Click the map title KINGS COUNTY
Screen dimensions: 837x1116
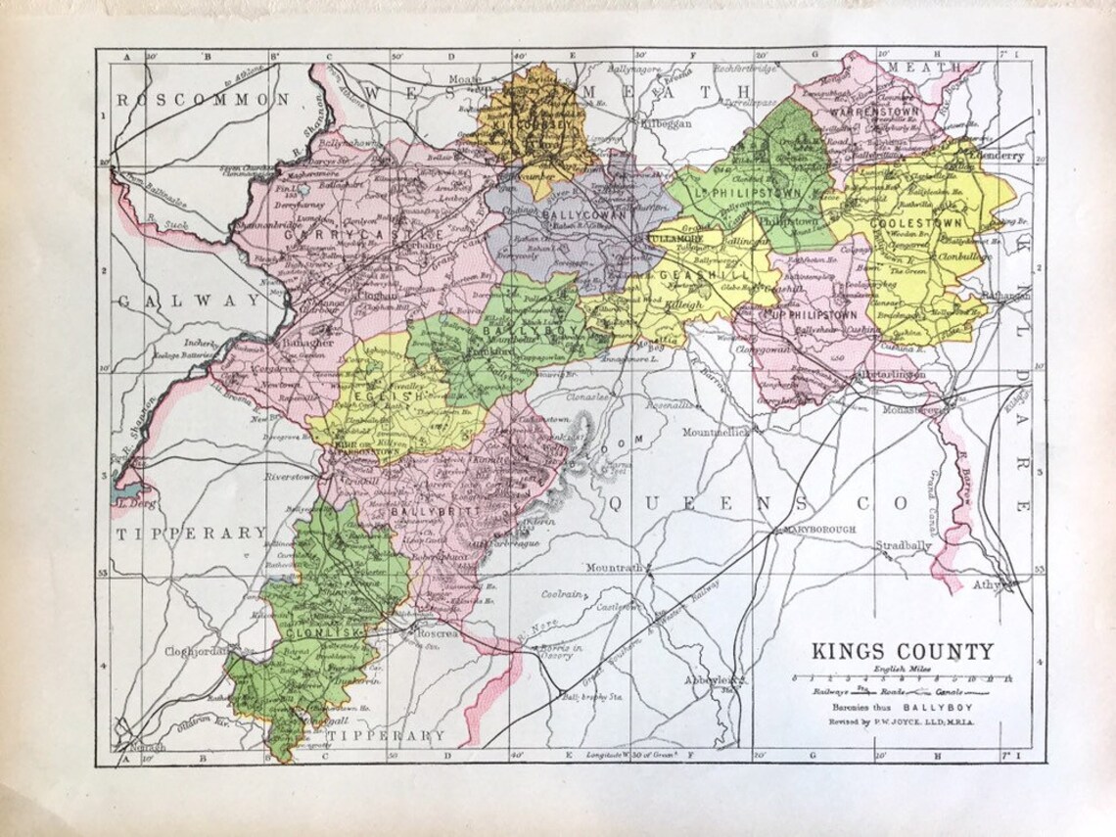901,651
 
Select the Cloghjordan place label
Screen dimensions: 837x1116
196,650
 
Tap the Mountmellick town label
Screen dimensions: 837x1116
715,431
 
